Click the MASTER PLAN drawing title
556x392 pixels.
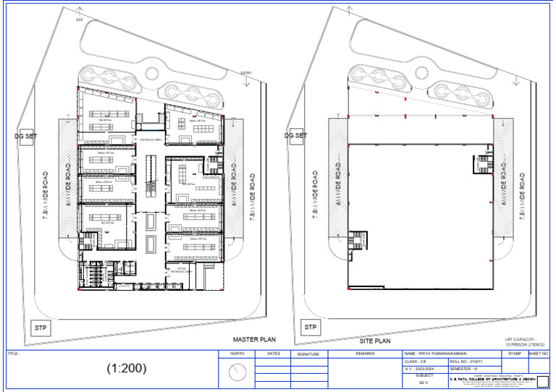point(253,338)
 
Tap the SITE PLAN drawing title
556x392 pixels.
point(375,340)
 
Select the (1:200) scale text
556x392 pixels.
point(127,367)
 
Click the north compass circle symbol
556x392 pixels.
point(237,372)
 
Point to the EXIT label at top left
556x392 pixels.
point(80,20)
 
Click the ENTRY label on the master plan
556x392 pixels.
point(245,72)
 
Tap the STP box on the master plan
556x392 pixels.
point(41,328)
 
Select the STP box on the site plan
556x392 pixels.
point(311,328)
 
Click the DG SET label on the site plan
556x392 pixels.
point(295,135)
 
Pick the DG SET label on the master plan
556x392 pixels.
point(25,136)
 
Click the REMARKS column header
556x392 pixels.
point(365,354)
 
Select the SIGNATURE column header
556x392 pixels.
point(308,354)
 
